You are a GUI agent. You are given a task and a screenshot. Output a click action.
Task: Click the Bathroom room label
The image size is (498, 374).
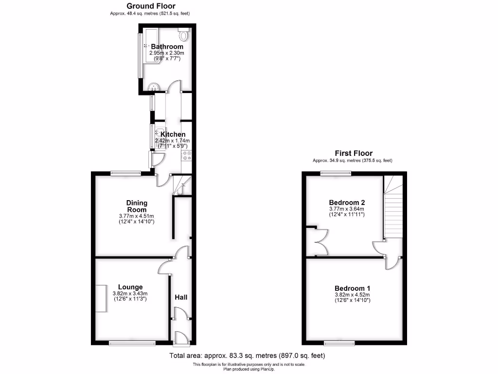(x=167, y=47)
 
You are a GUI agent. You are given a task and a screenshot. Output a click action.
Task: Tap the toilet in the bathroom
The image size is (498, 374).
(x=184, y=35)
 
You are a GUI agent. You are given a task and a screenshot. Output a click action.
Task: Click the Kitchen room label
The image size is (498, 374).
(x=173, y=134)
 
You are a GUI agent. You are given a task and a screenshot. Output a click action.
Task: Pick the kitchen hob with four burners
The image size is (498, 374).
(x=186, y=155)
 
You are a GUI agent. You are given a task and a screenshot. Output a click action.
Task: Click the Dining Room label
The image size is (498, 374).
(x=137, y=206)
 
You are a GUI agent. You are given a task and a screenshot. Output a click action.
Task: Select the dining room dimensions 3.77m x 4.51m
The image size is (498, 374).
(x=137, y=216)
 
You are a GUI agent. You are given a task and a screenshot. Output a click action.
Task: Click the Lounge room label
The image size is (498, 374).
(x=130, y=287)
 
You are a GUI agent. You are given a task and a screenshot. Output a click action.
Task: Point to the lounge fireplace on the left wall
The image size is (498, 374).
(x=101, y=298)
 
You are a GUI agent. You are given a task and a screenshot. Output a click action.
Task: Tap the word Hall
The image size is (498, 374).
(x=181, y=297)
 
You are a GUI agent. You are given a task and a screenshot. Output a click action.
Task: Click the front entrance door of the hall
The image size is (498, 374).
(x=180, y=337)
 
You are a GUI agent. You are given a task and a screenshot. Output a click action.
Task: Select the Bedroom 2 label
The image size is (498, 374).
(x=347, y=202)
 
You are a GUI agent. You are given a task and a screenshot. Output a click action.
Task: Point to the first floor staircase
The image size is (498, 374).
(x=393, y=209)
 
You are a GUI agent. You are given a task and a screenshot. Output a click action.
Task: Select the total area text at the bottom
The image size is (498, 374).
(x=247, y=356)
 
